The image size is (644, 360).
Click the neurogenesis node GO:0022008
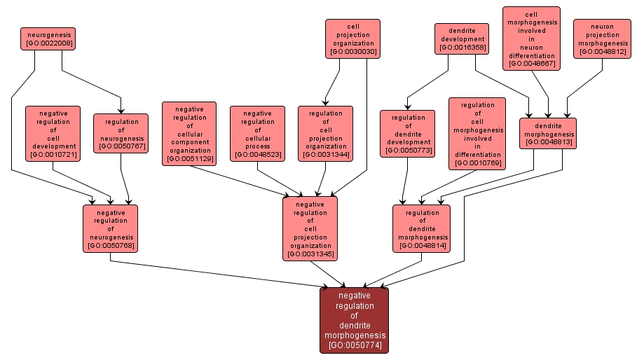(48, 39)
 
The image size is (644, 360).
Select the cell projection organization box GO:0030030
(352, 39)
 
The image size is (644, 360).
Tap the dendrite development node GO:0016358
(461, 39)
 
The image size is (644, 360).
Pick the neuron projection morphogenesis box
(601, 39)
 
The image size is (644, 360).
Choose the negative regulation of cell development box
(53, 133)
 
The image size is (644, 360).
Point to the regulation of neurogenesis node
(121, 133)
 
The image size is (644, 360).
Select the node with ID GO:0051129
(189, 133)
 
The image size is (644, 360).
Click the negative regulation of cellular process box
(257, 133)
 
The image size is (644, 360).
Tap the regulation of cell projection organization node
(325, 133)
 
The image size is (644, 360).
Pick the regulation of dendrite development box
(408, 133)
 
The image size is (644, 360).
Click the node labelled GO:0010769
(477, 133)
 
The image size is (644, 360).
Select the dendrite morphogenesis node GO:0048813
(548, 133)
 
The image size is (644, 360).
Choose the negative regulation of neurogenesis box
(110, 228)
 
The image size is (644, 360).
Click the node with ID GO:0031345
(310, 228)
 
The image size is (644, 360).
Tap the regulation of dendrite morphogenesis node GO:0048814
(422, 228)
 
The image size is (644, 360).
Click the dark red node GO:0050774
(354, 320)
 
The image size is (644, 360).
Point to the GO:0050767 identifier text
(121, 146)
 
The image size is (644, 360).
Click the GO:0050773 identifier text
(408, 151)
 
